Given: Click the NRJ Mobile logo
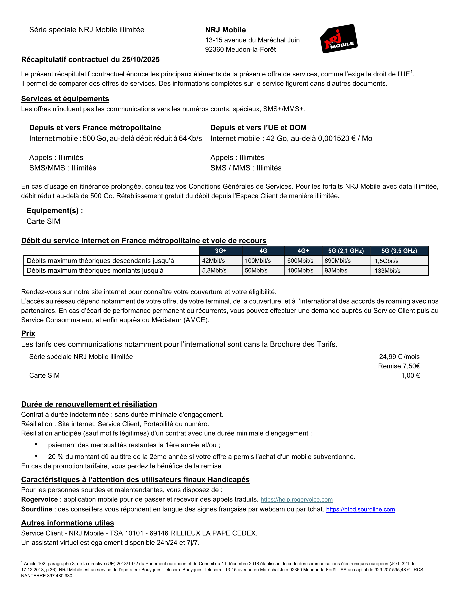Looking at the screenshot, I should (339, 39).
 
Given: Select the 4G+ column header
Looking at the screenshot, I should (303, 251).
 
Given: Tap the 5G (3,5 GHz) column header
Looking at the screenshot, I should (399, 251).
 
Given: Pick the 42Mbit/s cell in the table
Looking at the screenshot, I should (213, 261).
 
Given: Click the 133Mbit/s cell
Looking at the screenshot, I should (387, 271).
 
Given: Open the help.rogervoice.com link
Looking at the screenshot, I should (297, 500).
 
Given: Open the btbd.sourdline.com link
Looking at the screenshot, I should (360, 509).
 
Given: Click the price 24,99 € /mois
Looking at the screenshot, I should (399, 357).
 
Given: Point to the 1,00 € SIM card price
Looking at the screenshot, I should (410, 376).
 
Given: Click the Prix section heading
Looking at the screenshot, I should (28, 333).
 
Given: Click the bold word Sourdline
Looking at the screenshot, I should (36, 509).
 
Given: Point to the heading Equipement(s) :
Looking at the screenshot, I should (54, 211).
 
